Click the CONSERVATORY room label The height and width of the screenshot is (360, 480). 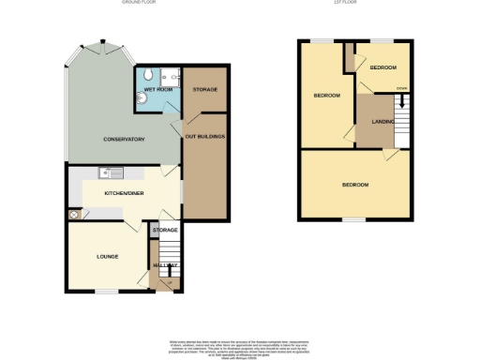[x=124, y=140]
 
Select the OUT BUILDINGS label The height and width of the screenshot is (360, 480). [x=204, y=137]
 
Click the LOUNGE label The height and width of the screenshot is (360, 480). [x=107, y=255]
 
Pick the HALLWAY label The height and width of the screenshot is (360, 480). [x=166, y=265]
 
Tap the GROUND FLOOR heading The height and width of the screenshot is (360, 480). [x=138, y=4]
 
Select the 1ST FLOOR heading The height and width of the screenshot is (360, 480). [x=355, y=4]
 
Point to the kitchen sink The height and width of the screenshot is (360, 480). [x=111, y=172]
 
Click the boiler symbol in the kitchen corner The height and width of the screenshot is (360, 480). [x=73, y=215]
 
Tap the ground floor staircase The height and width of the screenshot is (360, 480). [x=170, y=253]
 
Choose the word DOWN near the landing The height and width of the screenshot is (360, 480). [x=400, y=89]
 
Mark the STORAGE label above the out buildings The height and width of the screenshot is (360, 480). [x=204, y=89]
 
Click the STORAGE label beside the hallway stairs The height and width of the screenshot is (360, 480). [x=166, y=229]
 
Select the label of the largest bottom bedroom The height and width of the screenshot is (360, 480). [x=355, y=185]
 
